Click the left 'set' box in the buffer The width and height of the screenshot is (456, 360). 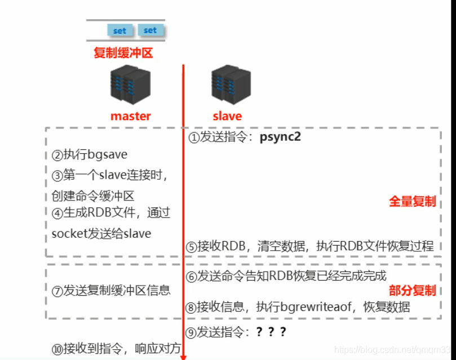pos(119,30)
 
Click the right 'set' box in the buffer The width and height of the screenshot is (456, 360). pos(150,30)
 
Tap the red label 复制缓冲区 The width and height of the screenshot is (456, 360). pos(123,54)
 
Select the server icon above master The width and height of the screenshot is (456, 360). pos(131,85)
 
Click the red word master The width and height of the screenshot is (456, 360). pos(131,116)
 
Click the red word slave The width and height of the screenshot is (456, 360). pos(227,116)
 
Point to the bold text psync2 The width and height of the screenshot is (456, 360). pos(280,137)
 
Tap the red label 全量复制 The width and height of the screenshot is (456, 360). pos(413,202)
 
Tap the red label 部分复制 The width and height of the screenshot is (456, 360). pos(413,291)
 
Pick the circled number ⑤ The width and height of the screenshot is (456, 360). pos(191,247)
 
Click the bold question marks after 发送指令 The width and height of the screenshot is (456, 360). pos(271,332)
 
